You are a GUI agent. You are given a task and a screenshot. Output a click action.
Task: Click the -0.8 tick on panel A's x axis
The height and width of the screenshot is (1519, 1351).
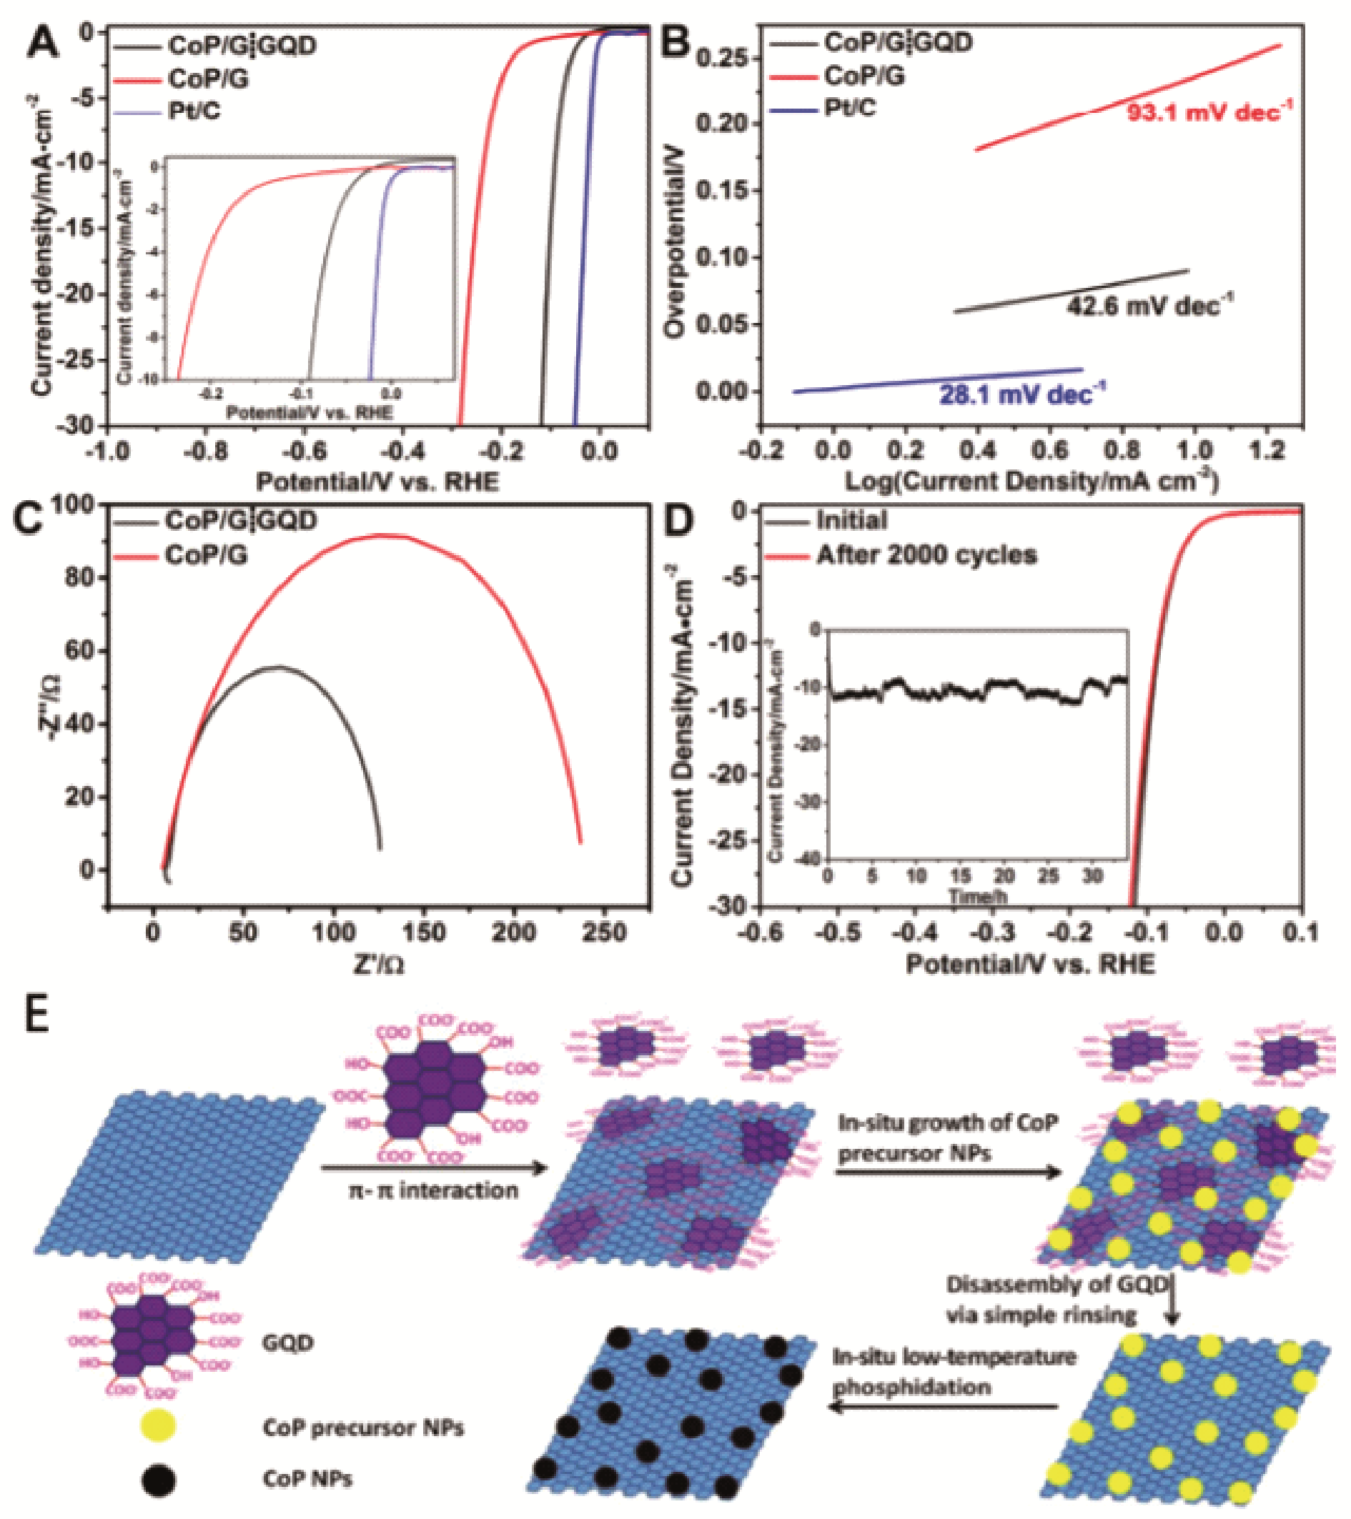[x=207, y=452]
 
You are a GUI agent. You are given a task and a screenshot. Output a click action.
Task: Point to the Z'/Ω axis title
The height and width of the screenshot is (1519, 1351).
[x=378, y=965]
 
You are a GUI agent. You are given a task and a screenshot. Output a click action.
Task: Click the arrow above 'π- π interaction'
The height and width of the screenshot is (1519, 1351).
[x=434, y=1167]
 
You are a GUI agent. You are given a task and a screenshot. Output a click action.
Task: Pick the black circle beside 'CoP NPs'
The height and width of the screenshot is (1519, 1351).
[x=159, y=1478]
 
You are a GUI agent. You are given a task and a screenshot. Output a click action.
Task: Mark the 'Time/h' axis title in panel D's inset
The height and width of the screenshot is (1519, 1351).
[x=978, y=897]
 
